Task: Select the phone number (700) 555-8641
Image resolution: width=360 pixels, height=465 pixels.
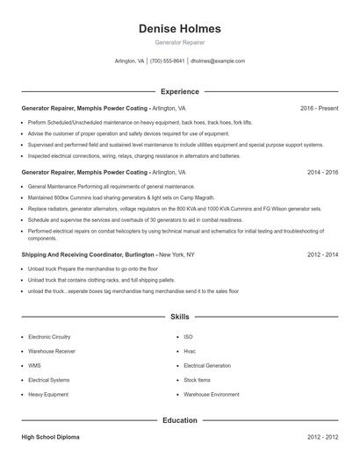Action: point(167,61)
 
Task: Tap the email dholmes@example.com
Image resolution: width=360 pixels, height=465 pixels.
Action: point(218,61)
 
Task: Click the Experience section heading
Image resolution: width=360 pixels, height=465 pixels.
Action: point(179,91)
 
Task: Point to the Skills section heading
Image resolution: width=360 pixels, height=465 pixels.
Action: point(179,316)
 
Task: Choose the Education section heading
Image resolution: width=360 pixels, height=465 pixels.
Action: point(179,420)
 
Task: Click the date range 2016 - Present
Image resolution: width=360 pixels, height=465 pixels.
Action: point(319,108)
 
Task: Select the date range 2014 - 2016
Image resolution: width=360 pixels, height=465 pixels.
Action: point(322,173)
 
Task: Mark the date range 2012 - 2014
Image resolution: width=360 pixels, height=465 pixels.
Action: point(322,254)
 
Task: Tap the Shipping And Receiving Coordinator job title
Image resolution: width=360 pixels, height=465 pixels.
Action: point(88,254)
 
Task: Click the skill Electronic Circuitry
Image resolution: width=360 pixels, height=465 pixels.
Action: point(51,337)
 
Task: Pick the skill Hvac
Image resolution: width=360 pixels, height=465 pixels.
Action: point(190,351)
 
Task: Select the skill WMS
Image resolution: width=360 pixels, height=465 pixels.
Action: point(34,365)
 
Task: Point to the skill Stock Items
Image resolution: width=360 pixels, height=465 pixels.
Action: point(197,380)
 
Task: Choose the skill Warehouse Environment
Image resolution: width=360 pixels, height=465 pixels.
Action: point(211,394)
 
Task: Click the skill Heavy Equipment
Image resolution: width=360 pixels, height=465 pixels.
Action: point(48,394)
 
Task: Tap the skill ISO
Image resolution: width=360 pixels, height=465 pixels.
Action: point(188,337)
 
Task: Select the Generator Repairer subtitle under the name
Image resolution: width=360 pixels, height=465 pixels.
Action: point(179,42)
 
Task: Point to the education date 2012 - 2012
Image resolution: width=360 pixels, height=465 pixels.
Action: point(322,436)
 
